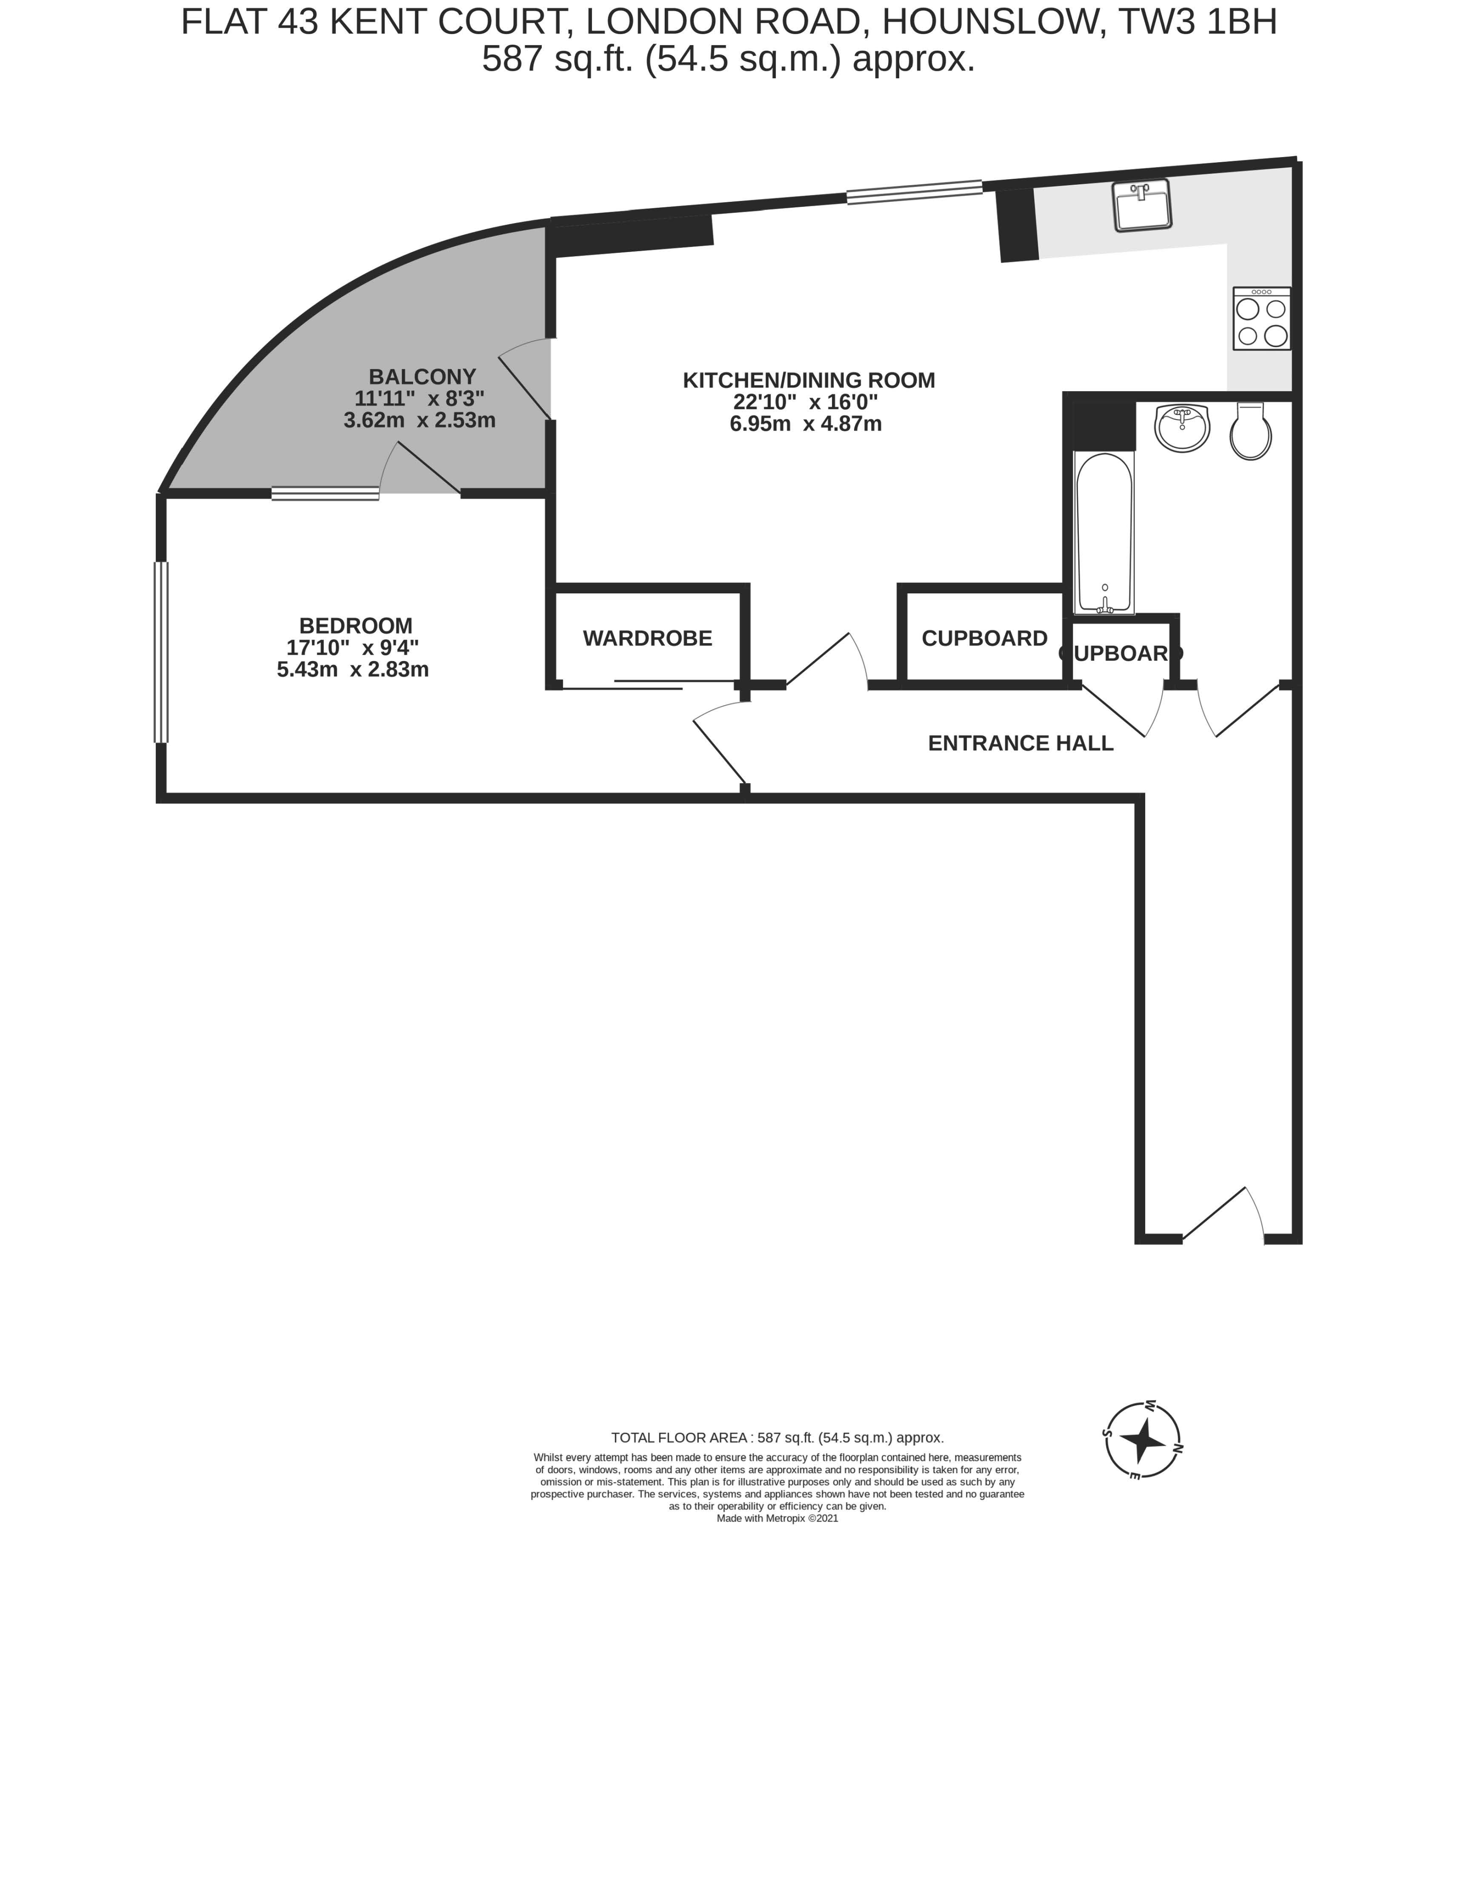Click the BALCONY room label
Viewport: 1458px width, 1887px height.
tap(422, 377)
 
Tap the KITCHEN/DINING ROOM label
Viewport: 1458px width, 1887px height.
tap(808, 380)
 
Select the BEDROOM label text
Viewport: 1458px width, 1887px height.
tap(356, 626)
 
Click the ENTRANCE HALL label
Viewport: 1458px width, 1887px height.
tap(1020, 743)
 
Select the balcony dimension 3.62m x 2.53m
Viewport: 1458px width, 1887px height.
tap(420, 421)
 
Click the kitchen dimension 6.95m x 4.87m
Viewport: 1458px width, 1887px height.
tap(806, 424)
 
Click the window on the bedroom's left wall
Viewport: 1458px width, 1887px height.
tap(161, 652)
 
